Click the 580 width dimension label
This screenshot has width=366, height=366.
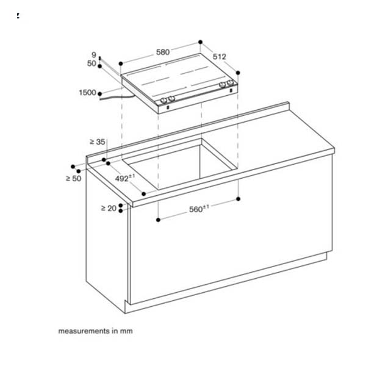click(x=162, y=52)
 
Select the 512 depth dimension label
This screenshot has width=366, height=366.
click(x=220, y=57)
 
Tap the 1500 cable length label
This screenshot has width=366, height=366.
click(x=87, y=93)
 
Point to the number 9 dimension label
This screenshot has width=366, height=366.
click(x=94, y=55)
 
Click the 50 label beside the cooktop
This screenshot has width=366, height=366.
click(x=92, y=63)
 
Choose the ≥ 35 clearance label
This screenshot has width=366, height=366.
click(x=97, y=142)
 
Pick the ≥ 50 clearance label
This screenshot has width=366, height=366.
click(x=73, y=178)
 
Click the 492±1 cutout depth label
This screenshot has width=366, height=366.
click(x=124, y=178)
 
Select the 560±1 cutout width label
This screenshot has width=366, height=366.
click(x=198, y=209)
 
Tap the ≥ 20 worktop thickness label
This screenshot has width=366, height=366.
click(x=108, y=208)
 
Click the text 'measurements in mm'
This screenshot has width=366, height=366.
click(x=95, y=331)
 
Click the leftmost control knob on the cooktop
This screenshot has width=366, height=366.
click(x=163, y=99)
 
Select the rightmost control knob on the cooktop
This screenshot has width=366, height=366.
click(x=231, y=83)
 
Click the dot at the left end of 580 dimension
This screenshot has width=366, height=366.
click(x=121, y=62)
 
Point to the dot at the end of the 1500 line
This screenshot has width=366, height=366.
click(x=100, y=93)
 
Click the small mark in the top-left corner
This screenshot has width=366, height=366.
click(x=18, y=16)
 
